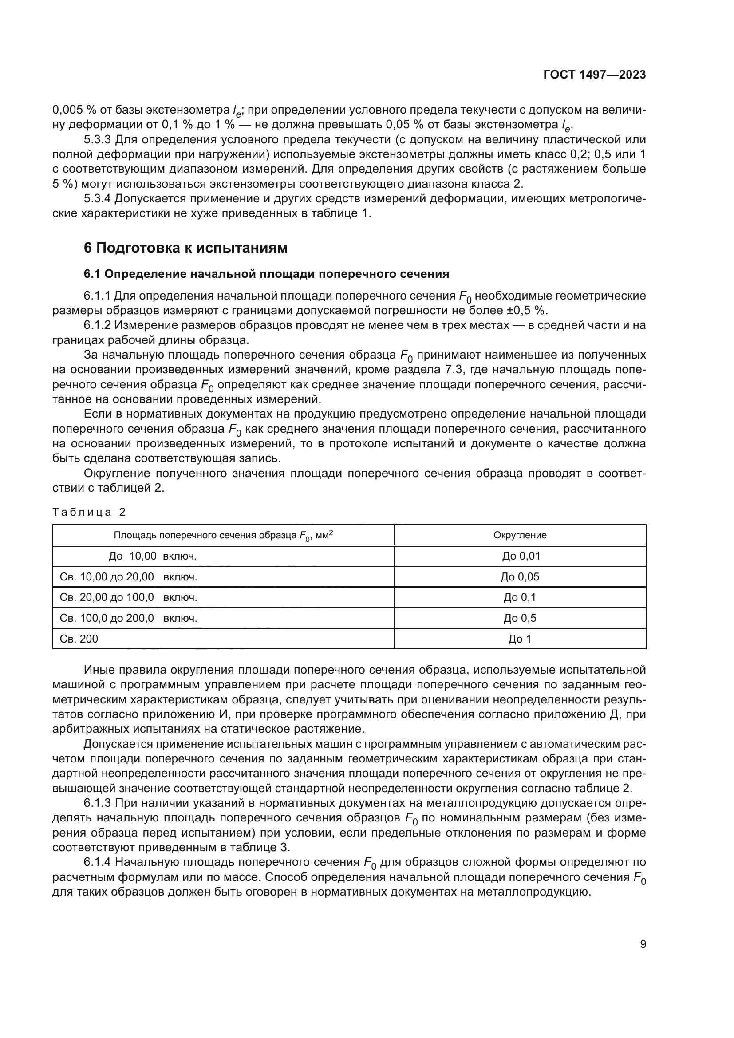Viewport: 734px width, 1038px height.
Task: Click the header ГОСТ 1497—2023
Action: pos(594,75)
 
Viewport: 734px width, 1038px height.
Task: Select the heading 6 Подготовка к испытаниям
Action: pos(185,248)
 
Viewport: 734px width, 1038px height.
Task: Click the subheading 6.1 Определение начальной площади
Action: pos(266,274)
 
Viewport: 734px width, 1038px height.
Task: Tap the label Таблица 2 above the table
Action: pos(89,512)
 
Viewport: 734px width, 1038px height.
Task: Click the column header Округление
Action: pos(520,535)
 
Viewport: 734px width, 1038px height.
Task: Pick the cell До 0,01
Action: pos(521,556)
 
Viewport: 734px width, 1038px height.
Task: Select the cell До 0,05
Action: pos(520,577)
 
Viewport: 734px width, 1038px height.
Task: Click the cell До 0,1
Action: pos(520,598)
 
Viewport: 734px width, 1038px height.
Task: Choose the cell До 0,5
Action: pos(520,618)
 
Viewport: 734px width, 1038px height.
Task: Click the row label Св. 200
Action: pos(79,639)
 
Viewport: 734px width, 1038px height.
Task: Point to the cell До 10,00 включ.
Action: pos(153,556)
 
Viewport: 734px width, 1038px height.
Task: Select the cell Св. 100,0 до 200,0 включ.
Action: pos(128,618)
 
